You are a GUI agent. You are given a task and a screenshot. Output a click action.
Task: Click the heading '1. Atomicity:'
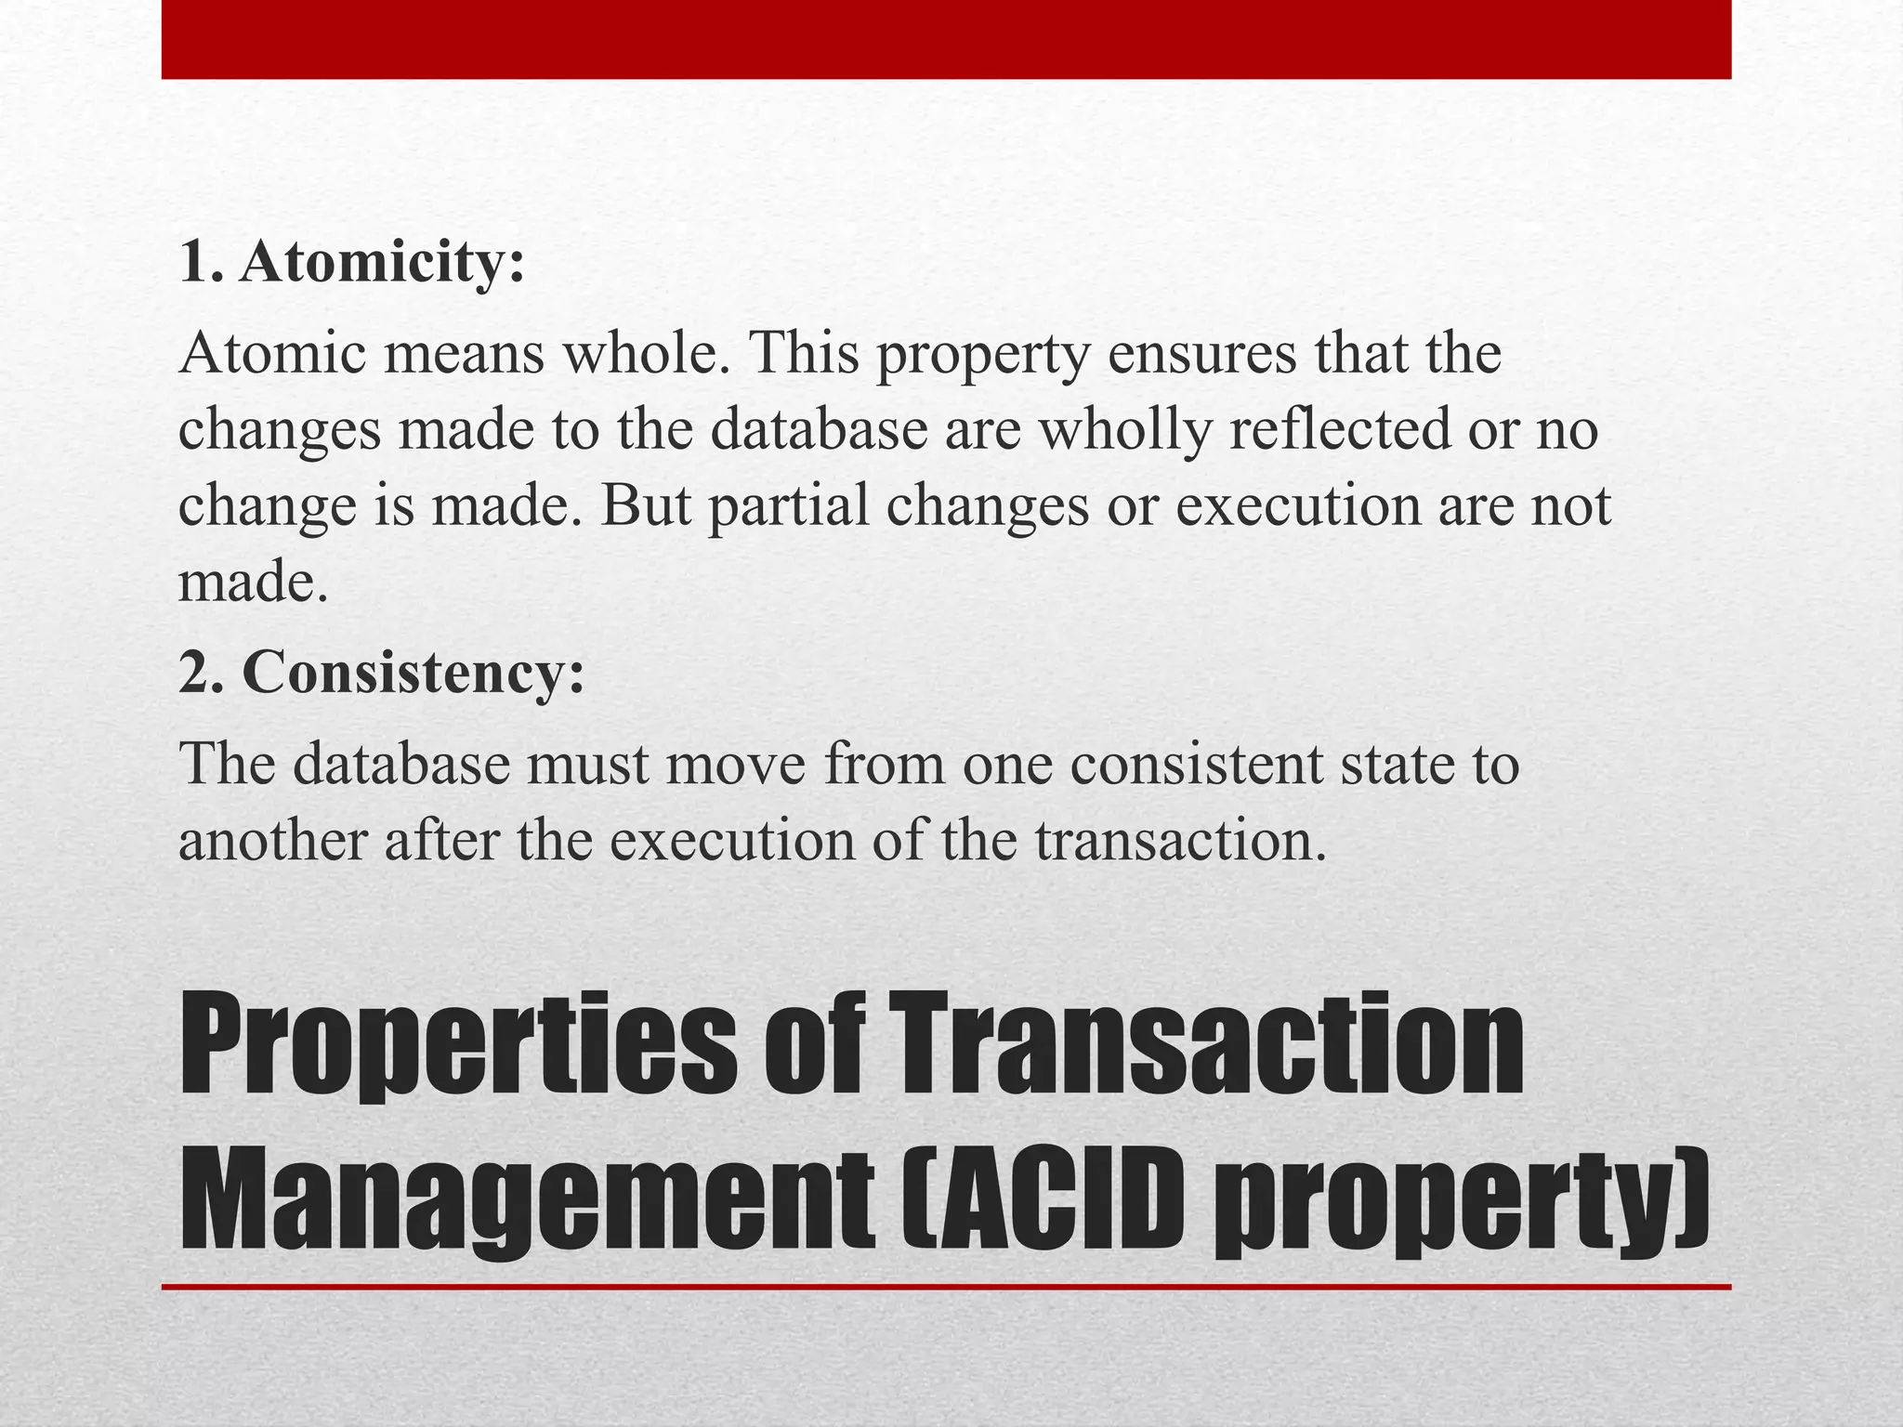[352, 263]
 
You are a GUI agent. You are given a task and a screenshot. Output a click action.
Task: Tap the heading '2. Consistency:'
[382, 673]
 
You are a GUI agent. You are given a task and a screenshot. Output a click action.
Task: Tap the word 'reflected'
[1339, 429]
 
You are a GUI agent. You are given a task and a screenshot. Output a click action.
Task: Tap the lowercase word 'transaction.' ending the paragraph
[1180, 841]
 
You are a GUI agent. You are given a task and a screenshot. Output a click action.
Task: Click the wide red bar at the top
[946, 39]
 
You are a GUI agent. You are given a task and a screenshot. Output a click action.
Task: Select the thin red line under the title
[946, 1287]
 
